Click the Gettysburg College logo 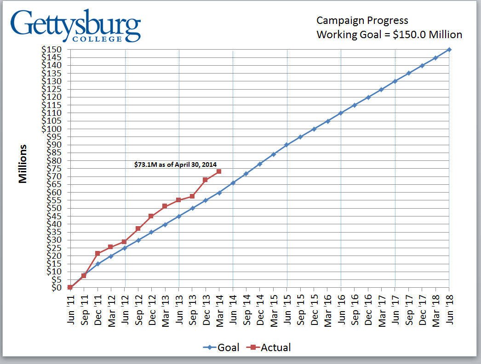click(x=76, y=25)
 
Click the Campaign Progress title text click(x=362, y=21)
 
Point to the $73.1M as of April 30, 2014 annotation click(x=175, y=164)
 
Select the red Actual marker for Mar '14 click(x=219, y=171)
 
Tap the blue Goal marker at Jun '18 click(x=449, y=50)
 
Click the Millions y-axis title click(x=23, y=164)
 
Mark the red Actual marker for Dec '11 click(x=97, y=253)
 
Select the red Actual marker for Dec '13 click(x=206, y=180)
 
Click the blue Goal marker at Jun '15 click(x=287, y=145)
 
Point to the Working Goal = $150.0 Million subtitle click(x=389, y=35)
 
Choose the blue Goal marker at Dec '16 click(x=368, y=97)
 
